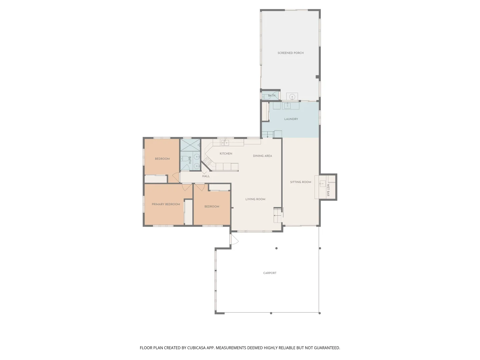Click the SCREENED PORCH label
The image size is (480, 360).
[290, 53]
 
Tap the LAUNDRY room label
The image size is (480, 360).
[291, 119]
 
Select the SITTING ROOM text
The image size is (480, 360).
[300, 182]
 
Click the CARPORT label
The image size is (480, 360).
[270, 273]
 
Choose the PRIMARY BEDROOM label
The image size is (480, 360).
[166, 204]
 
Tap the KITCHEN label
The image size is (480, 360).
[226, 154]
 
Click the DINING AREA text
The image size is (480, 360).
[262, 156]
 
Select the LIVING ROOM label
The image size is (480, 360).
[255, 199]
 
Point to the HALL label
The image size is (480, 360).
[206, 176]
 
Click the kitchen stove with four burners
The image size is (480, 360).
[208, 162]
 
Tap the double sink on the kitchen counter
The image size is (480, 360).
[225, 143]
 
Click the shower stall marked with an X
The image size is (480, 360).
[190, 145]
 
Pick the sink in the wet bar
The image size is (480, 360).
[322, 183]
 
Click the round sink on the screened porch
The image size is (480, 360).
[292, 97]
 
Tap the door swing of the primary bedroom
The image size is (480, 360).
[187, 187]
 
